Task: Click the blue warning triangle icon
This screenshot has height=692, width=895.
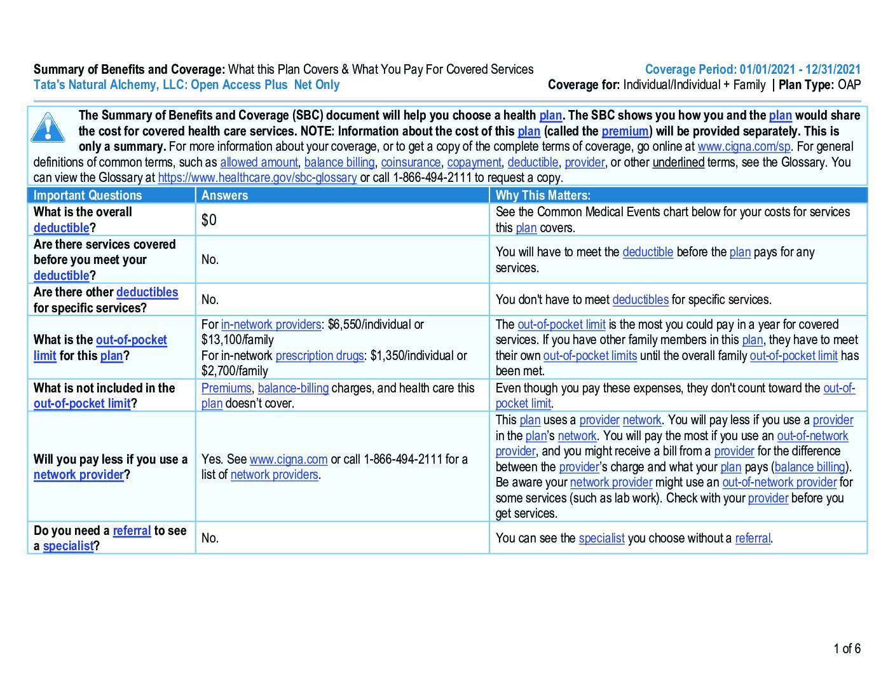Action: [x=48, y=127]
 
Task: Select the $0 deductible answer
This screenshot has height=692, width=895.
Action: [x=209, y=220]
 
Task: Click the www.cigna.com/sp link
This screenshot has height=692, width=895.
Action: [x=744, y=147]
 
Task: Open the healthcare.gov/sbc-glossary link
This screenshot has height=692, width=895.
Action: [x=257, y=178]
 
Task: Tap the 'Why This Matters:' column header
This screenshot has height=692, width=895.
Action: [x=543, y=195]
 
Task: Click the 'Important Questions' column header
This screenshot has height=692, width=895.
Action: [x=88, y=195]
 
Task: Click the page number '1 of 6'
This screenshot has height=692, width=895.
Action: [x=847, y=649]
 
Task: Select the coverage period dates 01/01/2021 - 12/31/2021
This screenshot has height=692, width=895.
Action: [x=800, y=70]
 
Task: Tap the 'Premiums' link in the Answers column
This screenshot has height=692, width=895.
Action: [x=226, y=388]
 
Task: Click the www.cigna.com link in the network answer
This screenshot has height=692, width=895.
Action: [x=289, y=459]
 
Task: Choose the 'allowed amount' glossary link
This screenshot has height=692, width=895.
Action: [x=259, y=163]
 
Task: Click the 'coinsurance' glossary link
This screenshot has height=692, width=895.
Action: [x=411, y=163]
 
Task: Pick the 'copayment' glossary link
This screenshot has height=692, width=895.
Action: [x=474, y=163]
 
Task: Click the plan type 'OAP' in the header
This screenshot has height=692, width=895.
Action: [x=849, y=85]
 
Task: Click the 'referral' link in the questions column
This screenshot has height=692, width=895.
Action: [x=132, y=530]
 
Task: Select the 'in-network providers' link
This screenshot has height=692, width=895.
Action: [x=271, y=324]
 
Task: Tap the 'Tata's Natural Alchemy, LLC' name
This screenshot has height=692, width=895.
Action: [x=108, y=85]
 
